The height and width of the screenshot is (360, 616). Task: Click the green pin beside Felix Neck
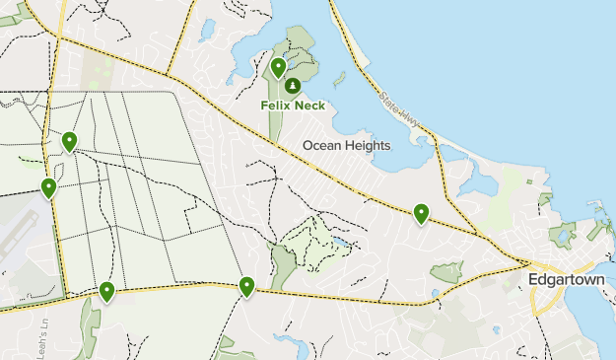[x=279, y=68]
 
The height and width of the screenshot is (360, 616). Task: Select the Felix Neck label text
[x=293, y=105]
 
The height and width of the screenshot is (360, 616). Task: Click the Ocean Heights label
[x=346, y=145]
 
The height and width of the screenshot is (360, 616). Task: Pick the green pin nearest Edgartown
[x=421, y=213]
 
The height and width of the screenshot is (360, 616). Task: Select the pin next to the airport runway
[x=48, y=187]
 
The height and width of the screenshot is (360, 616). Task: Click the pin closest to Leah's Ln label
[x=106, y=291]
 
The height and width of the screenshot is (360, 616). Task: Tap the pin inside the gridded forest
[x=69, y=142]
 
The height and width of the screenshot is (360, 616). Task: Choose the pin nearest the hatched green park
[x=246, y=286]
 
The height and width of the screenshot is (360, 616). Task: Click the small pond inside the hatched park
[x=338, y=241]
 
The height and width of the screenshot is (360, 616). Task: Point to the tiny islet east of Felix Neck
[x=339, y=78]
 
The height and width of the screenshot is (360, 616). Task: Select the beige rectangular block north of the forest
[x=99, y=69]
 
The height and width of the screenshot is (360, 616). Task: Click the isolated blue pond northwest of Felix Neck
[x=207, y=31]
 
